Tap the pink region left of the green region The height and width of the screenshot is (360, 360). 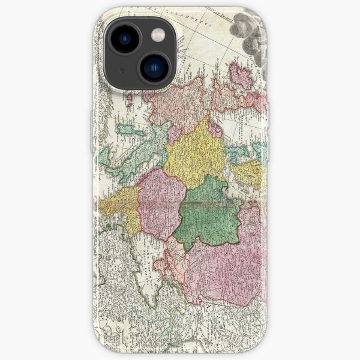point(161,201)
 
